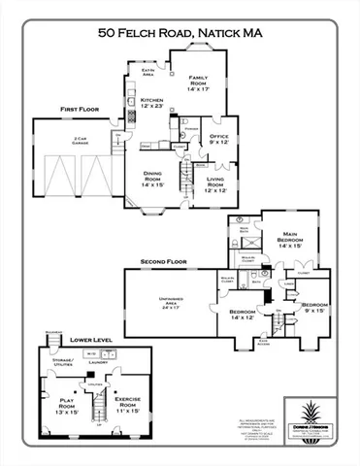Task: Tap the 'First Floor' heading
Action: (78, 110)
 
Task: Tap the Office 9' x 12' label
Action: (217, 140)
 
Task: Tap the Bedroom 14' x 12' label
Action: (240, 314)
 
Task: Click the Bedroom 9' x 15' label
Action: (314, 308)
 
